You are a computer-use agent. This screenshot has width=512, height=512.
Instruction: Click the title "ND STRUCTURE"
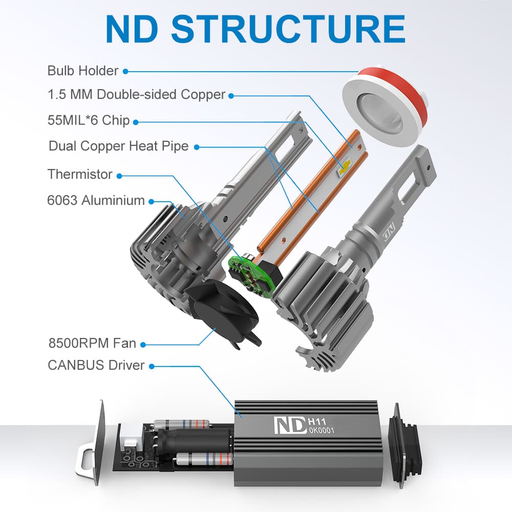255,29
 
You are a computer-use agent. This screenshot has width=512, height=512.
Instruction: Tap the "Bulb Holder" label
83,71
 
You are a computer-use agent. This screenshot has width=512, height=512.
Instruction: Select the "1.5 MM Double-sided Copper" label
136,95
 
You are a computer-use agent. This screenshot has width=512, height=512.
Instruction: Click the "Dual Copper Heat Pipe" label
118,146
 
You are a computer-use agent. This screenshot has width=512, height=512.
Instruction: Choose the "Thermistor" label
80,174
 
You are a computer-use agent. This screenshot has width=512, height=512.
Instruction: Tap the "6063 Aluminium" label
96,201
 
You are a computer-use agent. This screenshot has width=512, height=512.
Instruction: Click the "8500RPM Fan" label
92,343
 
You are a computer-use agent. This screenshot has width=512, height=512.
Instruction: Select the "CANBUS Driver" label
96,366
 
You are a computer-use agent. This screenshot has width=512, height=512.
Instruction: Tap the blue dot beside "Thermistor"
119,175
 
